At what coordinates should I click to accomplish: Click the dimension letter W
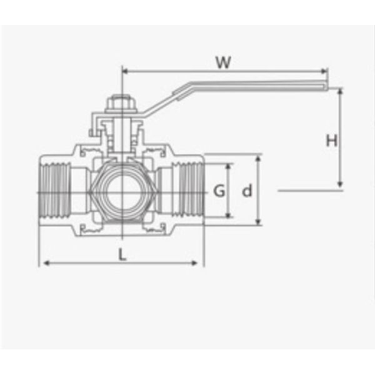point(223,62)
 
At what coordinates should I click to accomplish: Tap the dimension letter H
point(331,141)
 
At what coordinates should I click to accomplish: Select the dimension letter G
point(219,191)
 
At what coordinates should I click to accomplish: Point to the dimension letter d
point(247,191)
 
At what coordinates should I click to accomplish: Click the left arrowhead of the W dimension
point(125,71)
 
